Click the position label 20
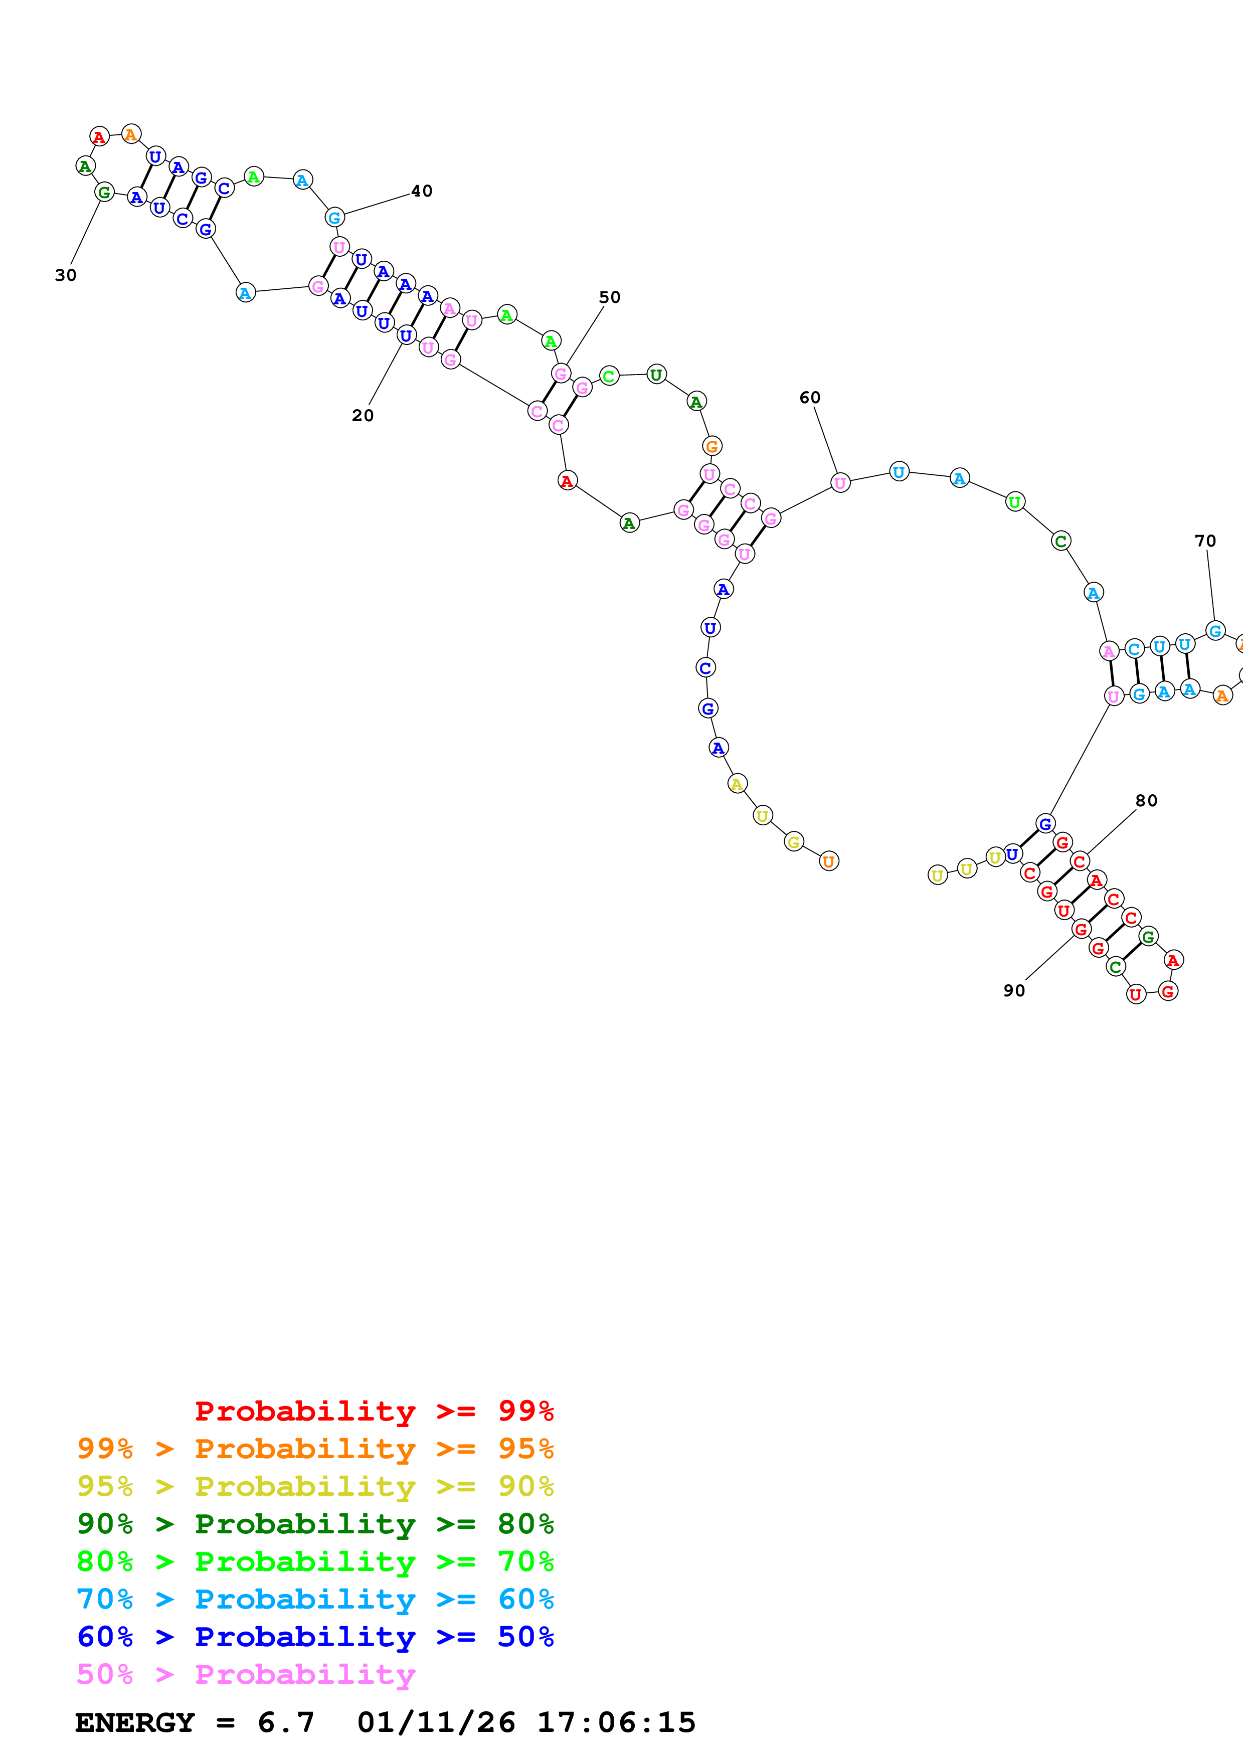pyautogui.click(x=362, y=415)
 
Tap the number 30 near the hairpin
pyautogui.click(x=66, y=275)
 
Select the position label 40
pyautogui.click(x=421, y=191)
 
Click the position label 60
pyautogui.click(x=809, y=398)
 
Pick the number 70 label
pyautogui.click(x=1205, y=541)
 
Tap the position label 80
pyautogui.click(x=1146, y=801)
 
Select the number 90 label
pyautogui.click(x=1014, y=991)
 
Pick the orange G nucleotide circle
pyautogui.click(x=712, y=446)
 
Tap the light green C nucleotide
pyautogui.click(x=609, y=376)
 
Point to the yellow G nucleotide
pyautogui.click(x=794, y=842)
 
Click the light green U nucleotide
pyautogui.click(x=1015, y=502)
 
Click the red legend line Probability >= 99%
pyautogui.click(x=374, y=1411)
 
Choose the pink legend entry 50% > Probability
pyautogui.click(x=246, y=1674)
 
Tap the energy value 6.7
pyautogui.click(x=286, y=1722)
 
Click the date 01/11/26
pyautogui.click(x=436, y=1722)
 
